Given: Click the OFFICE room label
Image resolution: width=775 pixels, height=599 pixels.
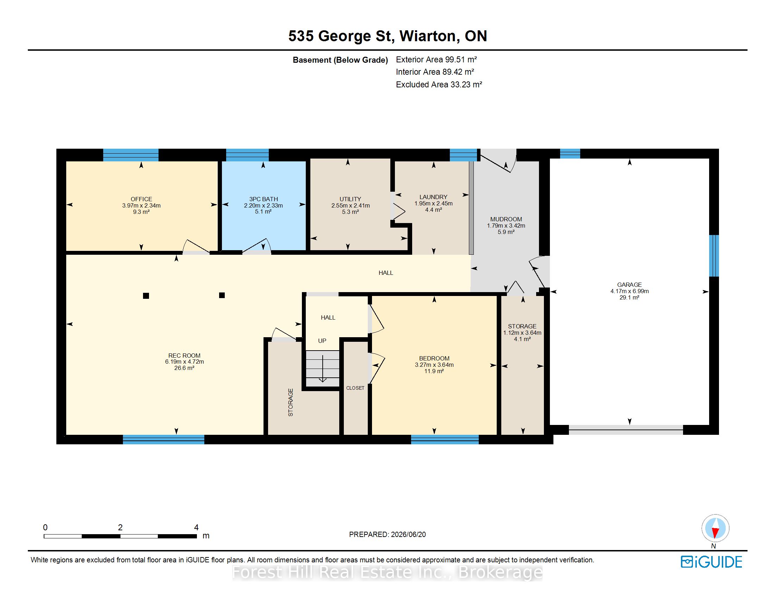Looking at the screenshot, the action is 141,199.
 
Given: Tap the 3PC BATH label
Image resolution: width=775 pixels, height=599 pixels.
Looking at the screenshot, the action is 263,199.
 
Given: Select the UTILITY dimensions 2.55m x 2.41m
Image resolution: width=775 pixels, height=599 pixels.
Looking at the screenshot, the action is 351,205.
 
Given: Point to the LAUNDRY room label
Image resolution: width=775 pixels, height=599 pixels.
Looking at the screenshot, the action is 433,197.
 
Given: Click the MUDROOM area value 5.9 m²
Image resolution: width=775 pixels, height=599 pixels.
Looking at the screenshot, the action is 506,232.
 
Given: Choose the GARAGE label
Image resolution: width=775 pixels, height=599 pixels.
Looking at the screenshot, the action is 630,285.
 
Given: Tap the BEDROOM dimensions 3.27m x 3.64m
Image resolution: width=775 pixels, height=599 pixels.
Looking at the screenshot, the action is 434,365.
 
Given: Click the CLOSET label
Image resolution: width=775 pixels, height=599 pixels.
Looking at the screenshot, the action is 355,388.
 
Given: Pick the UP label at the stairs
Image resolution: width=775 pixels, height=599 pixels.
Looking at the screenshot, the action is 322,341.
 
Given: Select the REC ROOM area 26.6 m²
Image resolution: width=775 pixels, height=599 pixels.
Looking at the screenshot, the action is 184,368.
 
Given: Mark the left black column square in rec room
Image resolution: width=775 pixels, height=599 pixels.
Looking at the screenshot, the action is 146,296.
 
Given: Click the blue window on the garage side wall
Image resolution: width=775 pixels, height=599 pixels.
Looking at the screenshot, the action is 714,255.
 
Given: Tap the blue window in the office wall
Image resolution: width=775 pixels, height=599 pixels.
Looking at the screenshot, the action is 131,155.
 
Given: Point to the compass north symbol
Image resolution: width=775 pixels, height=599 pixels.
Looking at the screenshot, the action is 715,529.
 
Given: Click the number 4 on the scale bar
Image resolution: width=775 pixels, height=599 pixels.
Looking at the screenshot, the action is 196,528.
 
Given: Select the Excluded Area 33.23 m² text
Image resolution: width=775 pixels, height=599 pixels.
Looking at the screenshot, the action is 439,85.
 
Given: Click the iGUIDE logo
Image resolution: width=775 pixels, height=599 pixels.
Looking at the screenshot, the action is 711,562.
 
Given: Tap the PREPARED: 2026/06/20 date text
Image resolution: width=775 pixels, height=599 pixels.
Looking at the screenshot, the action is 387,535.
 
